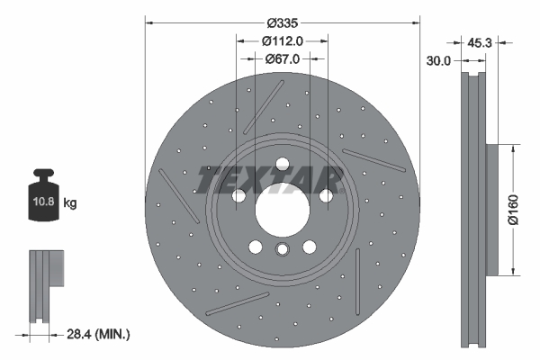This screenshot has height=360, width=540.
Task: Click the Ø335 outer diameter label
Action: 283,22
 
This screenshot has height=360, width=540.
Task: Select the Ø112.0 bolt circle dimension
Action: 282,40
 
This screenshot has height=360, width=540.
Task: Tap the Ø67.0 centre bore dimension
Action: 282,58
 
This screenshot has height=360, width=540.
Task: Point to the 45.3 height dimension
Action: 480,40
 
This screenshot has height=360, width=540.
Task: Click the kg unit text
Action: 70,203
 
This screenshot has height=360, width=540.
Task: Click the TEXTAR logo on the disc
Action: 268,181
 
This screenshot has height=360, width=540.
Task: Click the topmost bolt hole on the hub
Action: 282,164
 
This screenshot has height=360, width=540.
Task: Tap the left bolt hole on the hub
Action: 238,195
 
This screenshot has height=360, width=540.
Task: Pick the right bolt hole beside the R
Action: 326,195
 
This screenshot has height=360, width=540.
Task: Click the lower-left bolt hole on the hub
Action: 255,247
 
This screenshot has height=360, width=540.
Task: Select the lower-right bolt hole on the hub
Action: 309,247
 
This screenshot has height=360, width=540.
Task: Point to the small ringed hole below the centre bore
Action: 282,251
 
